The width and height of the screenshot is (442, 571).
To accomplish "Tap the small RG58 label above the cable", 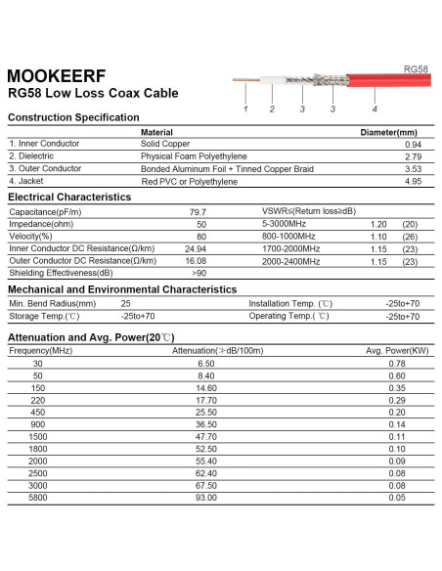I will [x=416, y=69].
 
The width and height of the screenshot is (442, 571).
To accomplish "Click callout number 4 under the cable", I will [x=375, y=108].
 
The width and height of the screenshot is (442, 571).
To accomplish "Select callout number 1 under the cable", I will [x=245, y=108].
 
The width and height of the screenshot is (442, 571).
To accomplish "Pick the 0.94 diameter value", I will [x=412, y=144].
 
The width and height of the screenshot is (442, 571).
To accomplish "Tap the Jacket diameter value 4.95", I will [x=412, y=180].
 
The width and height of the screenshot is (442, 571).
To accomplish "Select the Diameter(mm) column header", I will [x=389, y=132].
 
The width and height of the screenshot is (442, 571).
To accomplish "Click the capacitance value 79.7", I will [x=198, y=211].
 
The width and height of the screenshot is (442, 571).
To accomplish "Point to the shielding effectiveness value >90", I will [x=199, y=273].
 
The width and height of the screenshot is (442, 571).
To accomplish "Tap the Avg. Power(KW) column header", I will [x=397, y=350].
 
